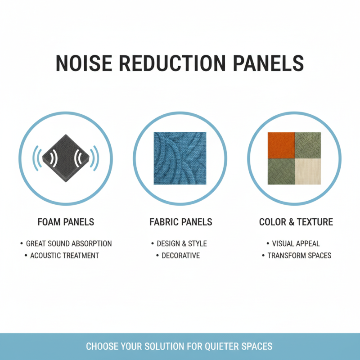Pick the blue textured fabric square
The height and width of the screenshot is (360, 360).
(180, 158)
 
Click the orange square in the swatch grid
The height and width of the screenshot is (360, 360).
(281, 145)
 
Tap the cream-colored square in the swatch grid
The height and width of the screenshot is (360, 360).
(307, 171)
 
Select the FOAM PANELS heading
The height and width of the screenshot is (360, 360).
(66, 222)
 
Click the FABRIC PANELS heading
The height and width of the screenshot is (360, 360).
(180, 222)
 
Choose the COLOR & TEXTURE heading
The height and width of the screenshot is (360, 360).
(296, 222)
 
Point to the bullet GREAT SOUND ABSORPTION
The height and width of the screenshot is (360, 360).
(68, 243)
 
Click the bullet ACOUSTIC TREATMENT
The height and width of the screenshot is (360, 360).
(64, 256)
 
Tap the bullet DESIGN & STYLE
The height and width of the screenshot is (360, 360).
(181, 243)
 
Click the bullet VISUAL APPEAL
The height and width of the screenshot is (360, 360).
(296, 243)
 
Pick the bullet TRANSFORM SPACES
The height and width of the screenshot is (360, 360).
(299, 256)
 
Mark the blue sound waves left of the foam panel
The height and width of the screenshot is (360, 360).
(38, 158)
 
